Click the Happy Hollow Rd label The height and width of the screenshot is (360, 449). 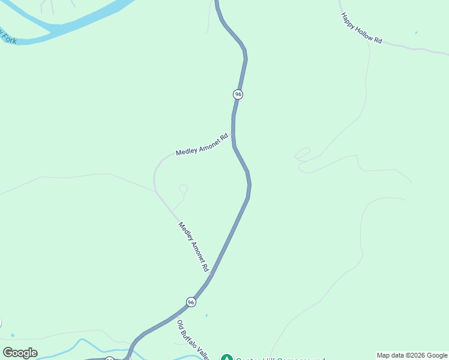(361, 28)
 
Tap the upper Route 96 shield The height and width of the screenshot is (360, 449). (238, 94)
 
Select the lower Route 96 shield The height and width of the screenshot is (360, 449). (191, 302)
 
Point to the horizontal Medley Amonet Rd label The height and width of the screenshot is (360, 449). (202, 145)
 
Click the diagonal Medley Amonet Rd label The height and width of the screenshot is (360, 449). (193, 245)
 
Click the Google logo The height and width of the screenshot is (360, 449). (20, 353)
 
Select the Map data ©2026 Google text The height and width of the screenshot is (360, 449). (412, 355)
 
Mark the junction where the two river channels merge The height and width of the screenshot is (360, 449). (57, 29)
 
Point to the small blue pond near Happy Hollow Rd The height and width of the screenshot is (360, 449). (415, 32)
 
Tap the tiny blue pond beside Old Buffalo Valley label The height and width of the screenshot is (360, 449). (206, 316)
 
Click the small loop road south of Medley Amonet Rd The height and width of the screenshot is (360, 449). (183, 190)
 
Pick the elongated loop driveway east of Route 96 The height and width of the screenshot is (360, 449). (303, 154)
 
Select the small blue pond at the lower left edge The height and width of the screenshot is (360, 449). (12, 335)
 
